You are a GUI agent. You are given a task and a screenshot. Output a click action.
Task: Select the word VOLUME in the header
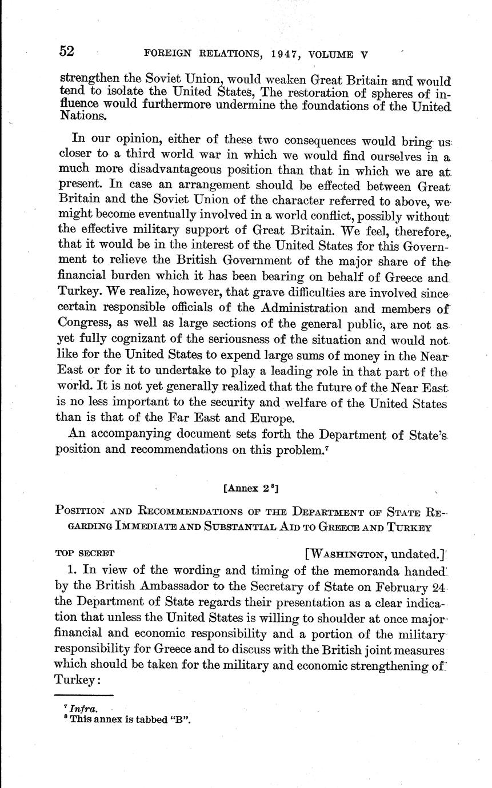pyautogui.click(x=331, y=55)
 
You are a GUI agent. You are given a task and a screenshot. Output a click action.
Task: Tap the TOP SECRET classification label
pyautogui.click(x=85, y=553)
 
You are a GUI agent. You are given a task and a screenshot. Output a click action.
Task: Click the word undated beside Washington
pyautogui.click(x=417, y=553)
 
